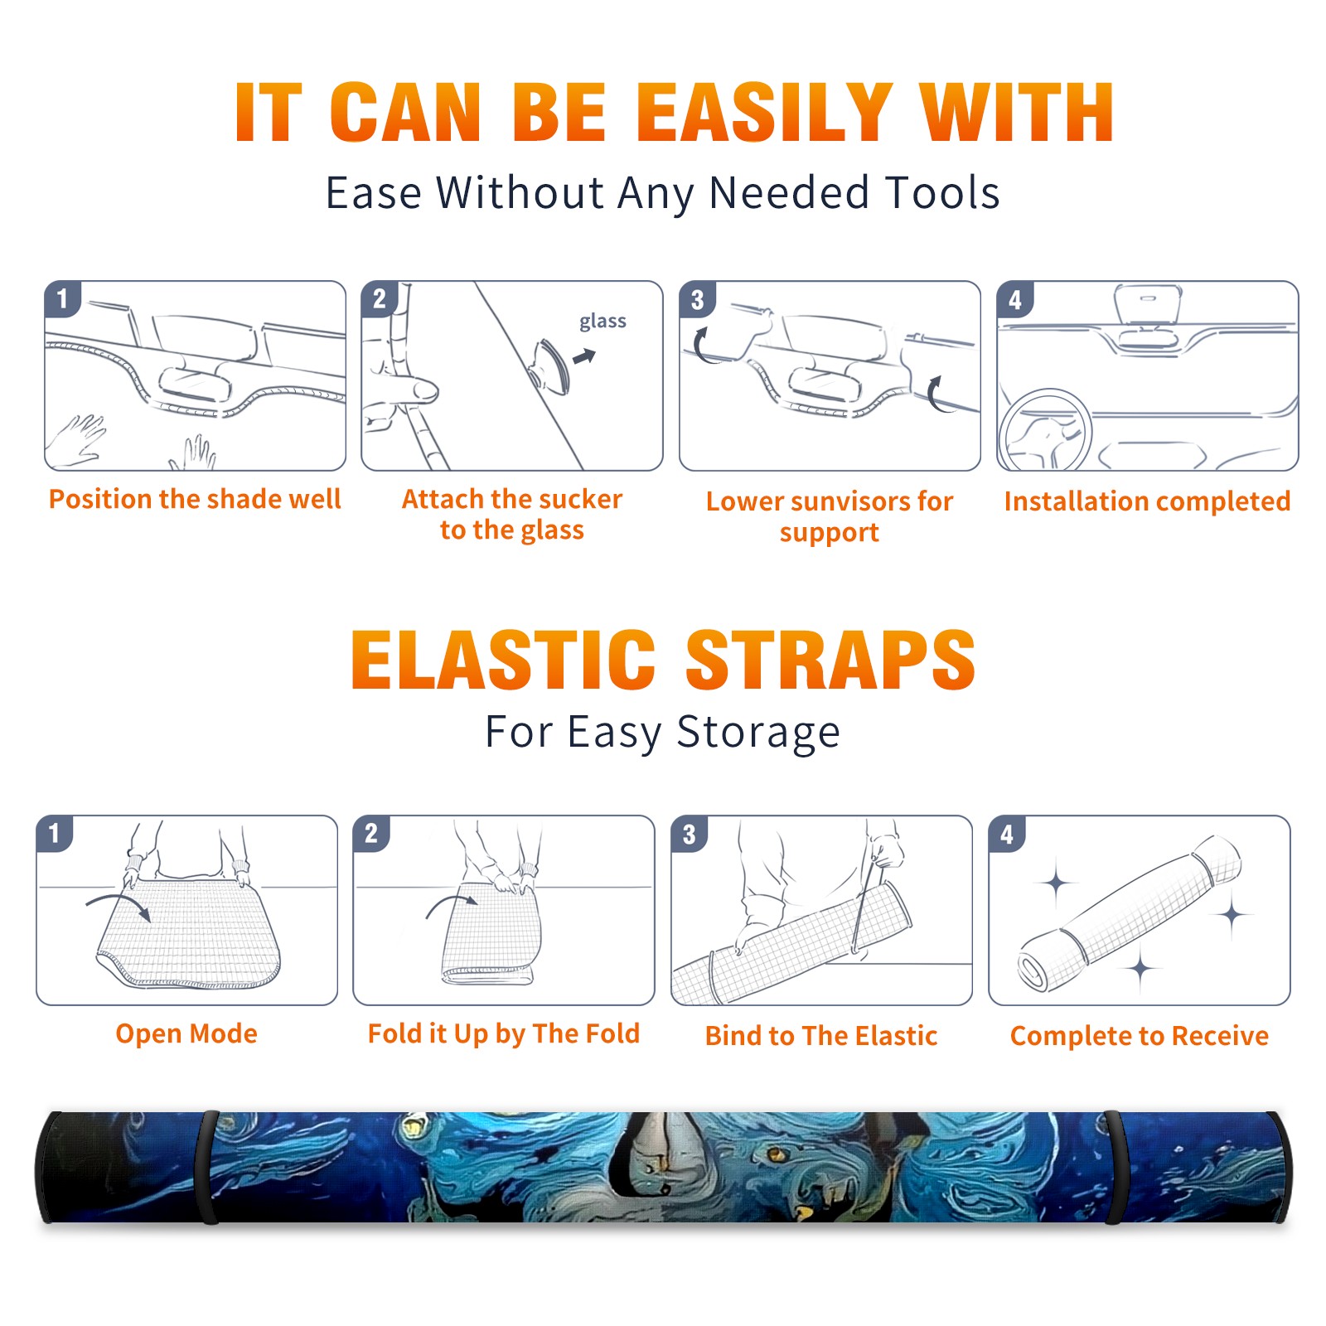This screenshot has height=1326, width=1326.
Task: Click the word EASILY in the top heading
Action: [765, 113]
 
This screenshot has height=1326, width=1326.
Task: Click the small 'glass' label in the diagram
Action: [603, 322]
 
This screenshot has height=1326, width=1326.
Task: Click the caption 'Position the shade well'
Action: [195, 499]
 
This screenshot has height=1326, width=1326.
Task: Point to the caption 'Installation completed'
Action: [1147, 501]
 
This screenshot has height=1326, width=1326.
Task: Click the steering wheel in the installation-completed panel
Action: [1045, 430]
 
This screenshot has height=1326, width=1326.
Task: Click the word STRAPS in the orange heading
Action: [830, 660]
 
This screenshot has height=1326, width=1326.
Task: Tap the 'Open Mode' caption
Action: [186, 1034]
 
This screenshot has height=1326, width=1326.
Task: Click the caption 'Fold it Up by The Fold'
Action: [504, 1034]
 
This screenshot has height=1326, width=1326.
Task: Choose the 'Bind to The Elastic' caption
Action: [821, 1036]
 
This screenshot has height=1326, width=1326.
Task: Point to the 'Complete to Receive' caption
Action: [1140, 1036]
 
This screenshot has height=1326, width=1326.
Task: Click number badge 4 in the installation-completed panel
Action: [1015, 299]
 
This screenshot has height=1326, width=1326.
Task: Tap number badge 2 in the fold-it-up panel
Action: [371, 833]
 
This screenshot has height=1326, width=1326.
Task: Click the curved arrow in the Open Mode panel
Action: [119, 898]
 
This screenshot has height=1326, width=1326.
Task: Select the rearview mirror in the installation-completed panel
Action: [1147, 305]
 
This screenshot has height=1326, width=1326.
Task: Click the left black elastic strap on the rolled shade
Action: [206, 1168]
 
